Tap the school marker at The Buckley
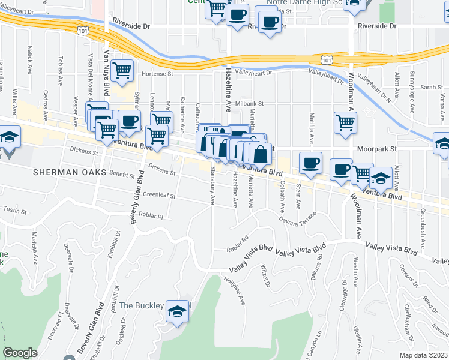click(176, 311)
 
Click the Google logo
click(20, 352)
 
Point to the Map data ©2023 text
click(423, 355)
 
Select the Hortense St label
click(157, 74)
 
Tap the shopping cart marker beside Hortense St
click(122, 71)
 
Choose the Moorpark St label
click(377, 148)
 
